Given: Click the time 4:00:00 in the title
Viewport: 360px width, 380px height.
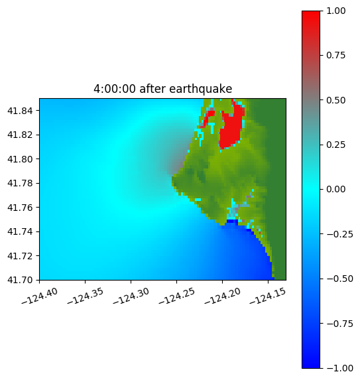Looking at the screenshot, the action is [115, 89].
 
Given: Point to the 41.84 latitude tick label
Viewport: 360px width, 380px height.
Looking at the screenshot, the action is [20, 111].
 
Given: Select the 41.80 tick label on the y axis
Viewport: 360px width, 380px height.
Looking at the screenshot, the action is [20, 159].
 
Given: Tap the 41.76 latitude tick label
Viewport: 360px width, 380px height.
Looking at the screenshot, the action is [20, 208].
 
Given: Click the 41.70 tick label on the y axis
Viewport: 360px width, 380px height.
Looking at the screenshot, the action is [20, 280].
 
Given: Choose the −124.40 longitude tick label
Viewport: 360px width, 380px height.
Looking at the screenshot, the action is [40, 296].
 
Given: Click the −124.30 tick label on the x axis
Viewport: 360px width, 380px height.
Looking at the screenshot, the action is [131, 296].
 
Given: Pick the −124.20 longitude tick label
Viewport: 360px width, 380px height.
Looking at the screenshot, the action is [223, 296].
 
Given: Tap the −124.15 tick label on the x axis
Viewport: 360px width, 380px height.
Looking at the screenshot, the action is [268, 296].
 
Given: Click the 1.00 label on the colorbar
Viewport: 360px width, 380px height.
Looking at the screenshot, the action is [335, 11].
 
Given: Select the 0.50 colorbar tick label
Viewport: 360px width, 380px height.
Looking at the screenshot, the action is [335, 100].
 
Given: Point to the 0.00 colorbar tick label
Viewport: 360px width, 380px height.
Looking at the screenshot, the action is [335, 189].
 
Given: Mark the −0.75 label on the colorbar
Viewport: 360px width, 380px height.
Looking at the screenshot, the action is [339, 324].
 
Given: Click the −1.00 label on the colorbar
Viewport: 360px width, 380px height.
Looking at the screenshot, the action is [339, 368].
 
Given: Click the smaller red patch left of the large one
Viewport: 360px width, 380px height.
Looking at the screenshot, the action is [208, 118].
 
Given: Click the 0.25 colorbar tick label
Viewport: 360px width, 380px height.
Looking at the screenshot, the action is [335, 145].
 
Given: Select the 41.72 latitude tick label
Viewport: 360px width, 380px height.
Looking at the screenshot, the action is [20, 256].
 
